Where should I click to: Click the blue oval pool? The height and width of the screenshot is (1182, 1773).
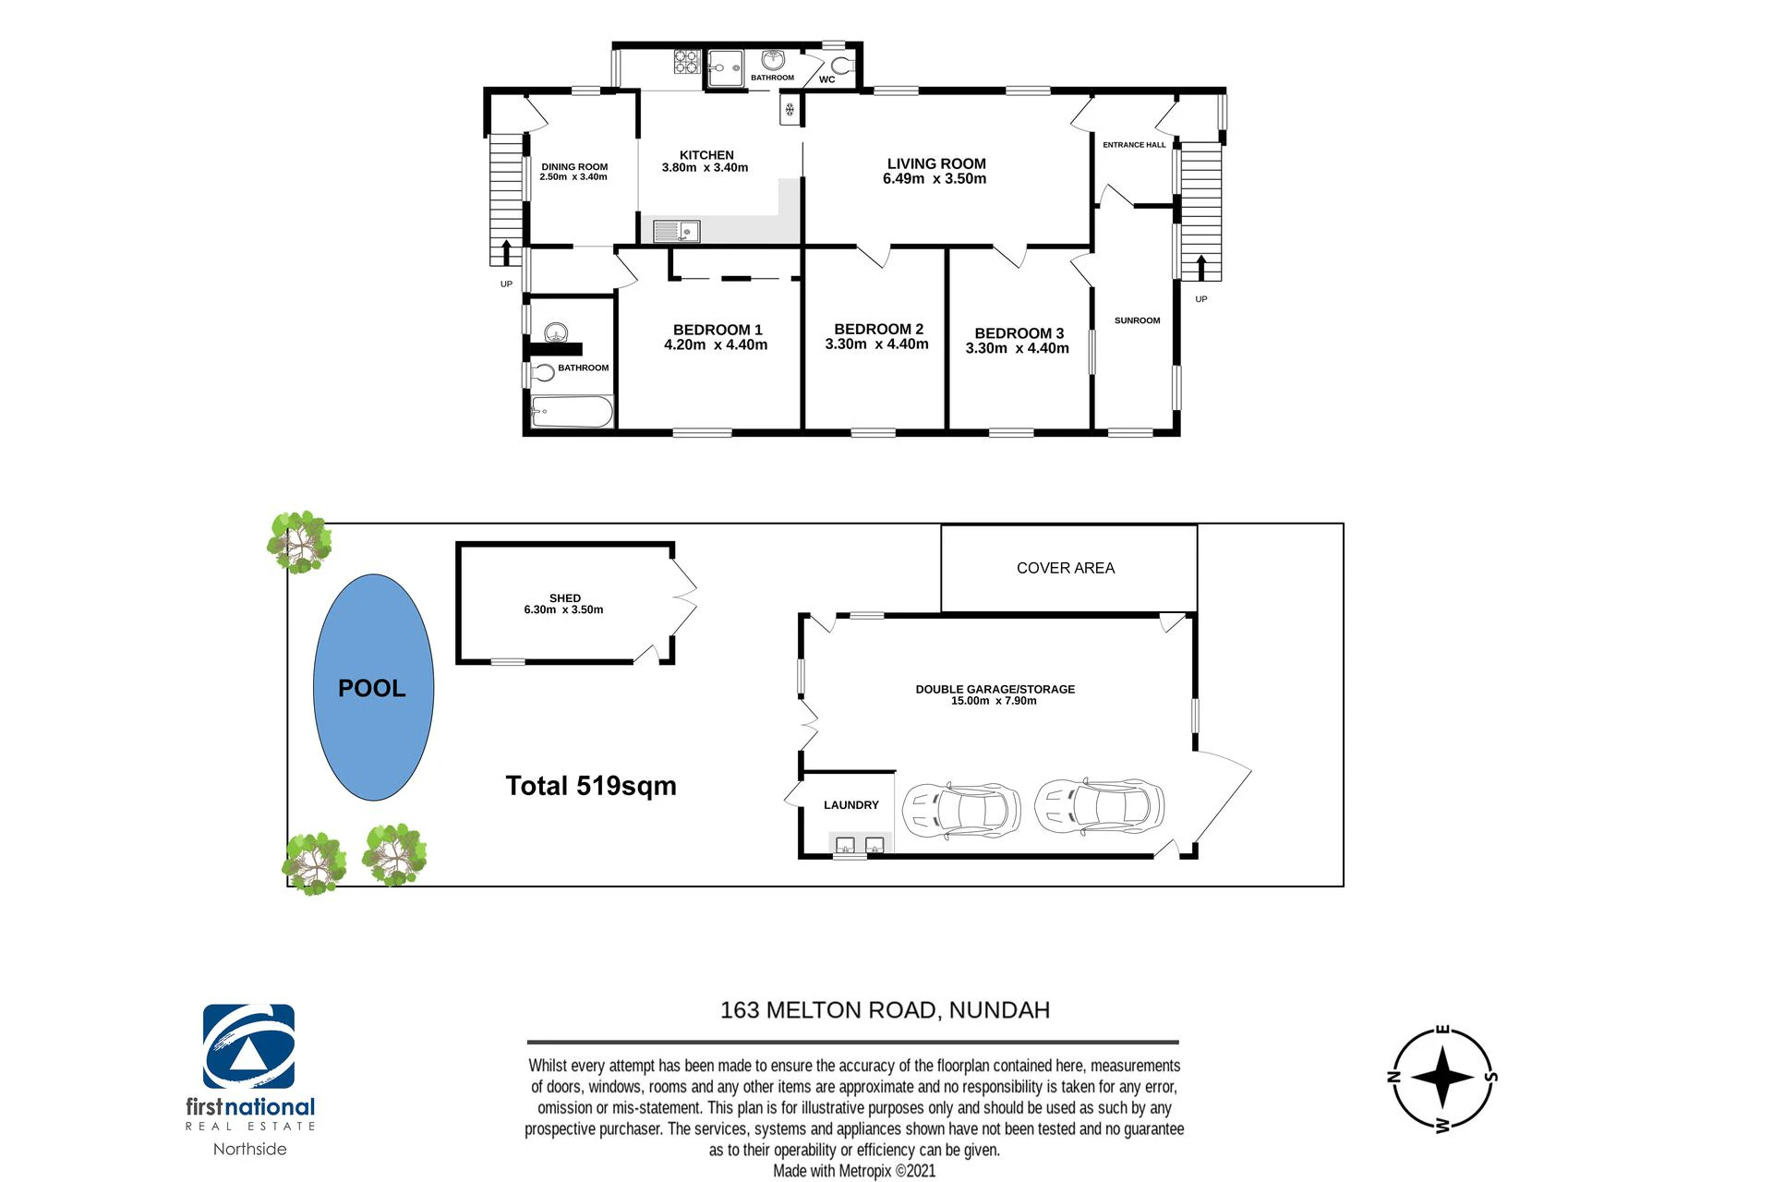pos(373,687)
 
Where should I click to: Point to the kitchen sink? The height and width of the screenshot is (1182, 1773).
pos(677,231)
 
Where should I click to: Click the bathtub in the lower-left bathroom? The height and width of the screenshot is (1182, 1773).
pos(572,412)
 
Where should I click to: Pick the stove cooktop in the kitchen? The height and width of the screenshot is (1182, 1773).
pos(686,62)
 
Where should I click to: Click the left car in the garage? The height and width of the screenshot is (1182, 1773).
pos(961,809)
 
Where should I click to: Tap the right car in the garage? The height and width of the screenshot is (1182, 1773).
pos(1099,804)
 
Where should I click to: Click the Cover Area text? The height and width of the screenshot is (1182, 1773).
pos(1066,568)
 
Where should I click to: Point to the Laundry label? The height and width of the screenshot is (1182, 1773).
pos(851,805)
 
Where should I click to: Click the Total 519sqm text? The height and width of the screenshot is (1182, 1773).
pos(591,786)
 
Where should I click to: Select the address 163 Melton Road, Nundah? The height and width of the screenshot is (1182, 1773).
pos(885,1010)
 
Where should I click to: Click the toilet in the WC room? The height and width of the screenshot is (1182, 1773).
pos(842,65)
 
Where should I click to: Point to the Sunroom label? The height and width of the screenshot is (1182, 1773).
pos(1137,320)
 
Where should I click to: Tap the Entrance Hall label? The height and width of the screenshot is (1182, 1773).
pos(1134,145)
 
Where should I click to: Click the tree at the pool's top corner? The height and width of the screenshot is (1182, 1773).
pos(299,542)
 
